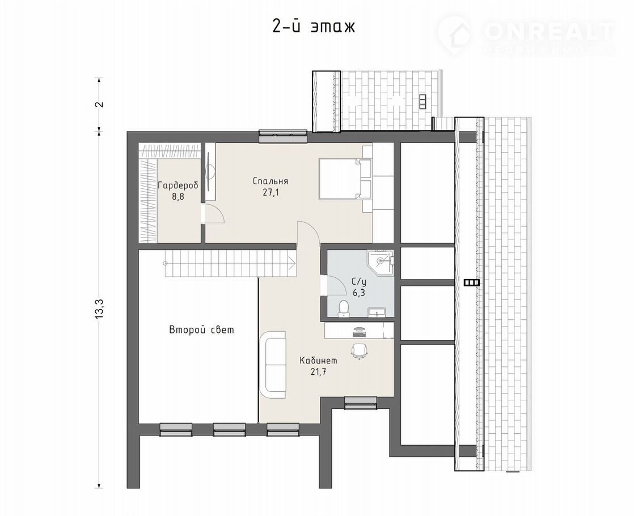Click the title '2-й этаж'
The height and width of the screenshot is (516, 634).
(314, 27)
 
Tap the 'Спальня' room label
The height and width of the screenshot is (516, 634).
(270, 181)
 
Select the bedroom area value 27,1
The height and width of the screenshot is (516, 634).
(271, 192)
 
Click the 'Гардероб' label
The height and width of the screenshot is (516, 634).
(178, 186)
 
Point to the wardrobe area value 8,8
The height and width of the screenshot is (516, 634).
(178, 198)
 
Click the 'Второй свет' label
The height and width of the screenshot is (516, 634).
(201, 329)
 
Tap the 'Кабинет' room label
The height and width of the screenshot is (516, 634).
(318, 360)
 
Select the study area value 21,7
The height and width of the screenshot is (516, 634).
(318, 372)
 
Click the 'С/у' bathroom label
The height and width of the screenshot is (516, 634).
(358, 281)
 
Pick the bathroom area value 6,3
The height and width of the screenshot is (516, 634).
(358, 293)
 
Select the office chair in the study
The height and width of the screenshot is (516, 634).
(359, 350)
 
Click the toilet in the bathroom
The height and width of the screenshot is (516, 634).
(344, 308)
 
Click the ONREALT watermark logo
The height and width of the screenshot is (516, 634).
(526, 35)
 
